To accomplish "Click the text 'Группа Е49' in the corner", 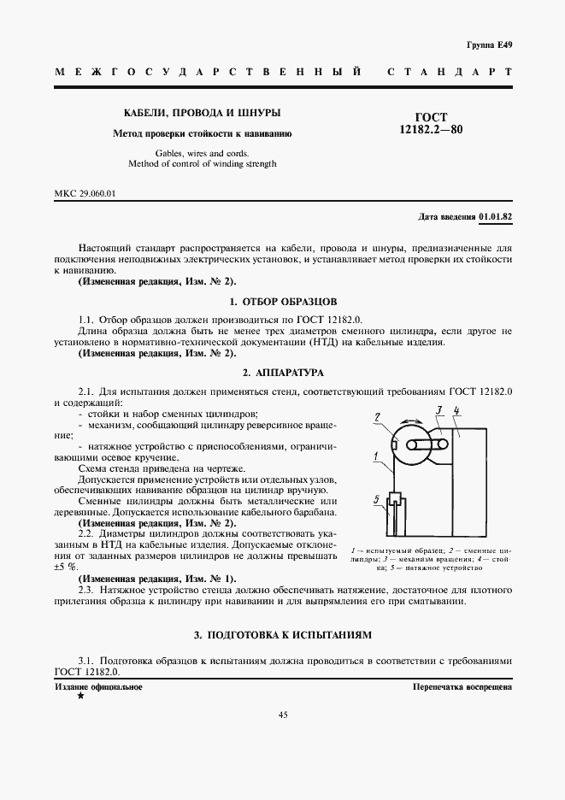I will coord(491,44).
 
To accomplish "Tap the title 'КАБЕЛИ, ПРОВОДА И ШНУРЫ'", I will coord(203,113).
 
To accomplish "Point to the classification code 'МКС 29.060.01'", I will coord(85,193).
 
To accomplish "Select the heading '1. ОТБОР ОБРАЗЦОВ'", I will coord(283,302).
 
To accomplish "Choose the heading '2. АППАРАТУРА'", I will coord(283,373).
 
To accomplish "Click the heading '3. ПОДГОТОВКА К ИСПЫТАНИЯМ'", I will coord(283,635).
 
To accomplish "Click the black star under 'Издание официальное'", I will coord(80,697).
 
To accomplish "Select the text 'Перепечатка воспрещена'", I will coord(462,686).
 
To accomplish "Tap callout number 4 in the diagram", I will coord(457,412).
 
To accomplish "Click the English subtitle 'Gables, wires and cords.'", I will coord(203,153).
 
